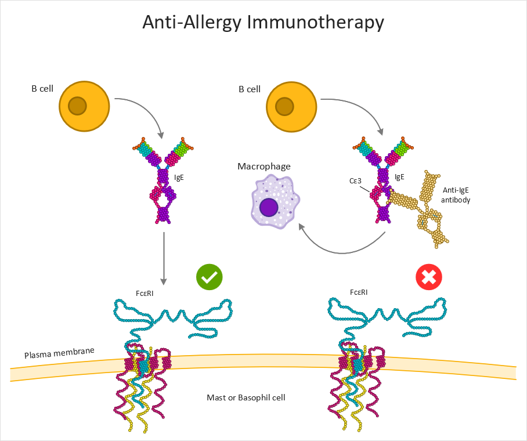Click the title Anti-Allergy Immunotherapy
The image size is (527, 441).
[263, 23]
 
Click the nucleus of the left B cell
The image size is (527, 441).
[78, 106]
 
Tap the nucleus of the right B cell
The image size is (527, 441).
[284, 107]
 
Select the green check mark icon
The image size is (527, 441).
[210, 277]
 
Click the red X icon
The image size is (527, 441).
[429, 277]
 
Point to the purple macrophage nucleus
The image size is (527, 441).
[269, 207]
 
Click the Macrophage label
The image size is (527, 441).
[264, 167]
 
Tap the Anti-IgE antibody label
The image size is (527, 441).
[456, 195]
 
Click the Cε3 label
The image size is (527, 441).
[355, 181]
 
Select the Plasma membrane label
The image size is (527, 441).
[59, 353]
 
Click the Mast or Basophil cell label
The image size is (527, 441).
[246, 397]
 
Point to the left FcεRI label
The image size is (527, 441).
[145, 294]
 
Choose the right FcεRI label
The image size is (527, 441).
[359, 292]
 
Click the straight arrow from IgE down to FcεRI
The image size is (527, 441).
[164, 258]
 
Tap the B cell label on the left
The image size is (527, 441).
[42, 89]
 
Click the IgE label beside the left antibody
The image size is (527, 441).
[179, 178]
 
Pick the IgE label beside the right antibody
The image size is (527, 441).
[399, 177]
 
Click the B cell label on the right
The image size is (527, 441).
[250, 89]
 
